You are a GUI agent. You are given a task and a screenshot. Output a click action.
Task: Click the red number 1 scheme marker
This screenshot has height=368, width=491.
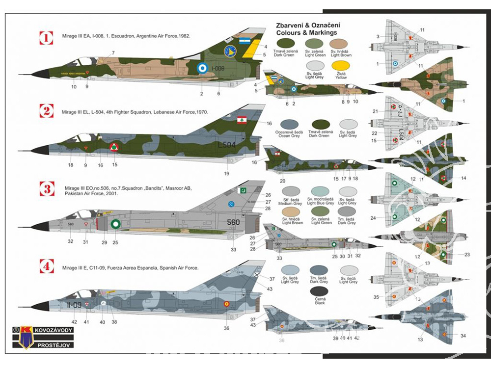pyautogui.click(x=46, y=37)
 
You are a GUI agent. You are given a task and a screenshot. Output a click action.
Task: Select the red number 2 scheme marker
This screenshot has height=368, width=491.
pyautogui.click(x=46, y=111)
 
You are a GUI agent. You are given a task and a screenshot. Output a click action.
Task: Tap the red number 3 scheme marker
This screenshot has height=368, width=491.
pyautogui.click(x=46, y=189)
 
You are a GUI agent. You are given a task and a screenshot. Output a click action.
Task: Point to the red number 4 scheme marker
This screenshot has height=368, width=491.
pyautogui.click(x=46, y=266)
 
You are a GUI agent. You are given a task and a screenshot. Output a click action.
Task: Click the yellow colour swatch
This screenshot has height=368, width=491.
pyautogui.click(x=340, y=66)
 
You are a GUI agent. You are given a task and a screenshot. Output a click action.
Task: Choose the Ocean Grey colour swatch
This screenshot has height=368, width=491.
pyautogui.click(x=289, y=124)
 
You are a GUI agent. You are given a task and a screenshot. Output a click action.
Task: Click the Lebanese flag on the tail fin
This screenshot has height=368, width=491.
pyautogui.click(x=242, y=120)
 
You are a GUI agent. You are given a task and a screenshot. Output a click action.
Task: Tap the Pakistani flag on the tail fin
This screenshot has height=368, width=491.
pyautogui.click(x=243, y=189)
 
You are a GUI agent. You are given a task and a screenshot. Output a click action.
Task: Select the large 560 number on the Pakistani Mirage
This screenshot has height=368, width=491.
pyautogui.click(x=233, y=222)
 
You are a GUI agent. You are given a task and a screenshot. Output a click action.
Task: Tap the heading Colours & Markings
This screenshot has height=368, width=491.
pyautogui.click(x=306, y=33)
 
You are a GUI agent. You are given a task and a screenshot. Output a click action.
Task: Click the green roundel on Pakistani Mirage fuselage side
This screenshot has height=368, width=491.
pyautogui.click(x=115, y=224)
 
